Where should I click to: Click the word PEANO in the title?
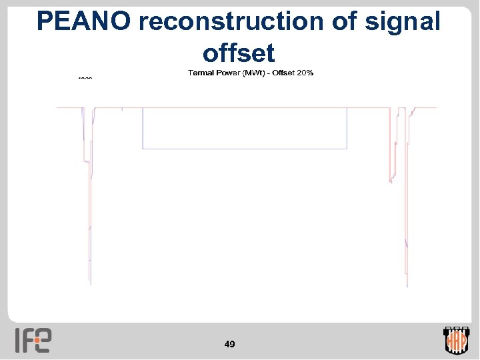(x=85, y=21)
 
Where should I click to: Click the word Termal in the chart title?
(x=205, y=73)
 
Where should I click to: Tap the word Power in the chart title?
(x=235, y=73)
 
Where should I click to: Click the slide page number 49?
(x=230, y=344)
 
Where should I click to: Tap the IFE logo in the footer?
(x=33, y=340)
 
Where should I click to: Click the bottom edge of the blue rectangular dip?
(x=245, y=148)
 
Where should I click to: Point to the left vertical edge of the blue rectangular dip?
(x=143, y=128)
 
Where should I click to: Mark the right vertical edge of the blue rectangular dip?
(x=347, y=128)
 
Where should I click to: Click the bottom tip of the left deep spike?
(x=90, y=285)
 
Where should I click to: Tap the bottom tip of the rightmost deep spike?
(x=407, y=287)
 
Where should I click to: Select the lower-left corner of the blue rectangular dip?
(x=143, y=148)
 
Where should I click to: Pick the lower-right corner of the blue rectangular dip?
(x=347, y=148)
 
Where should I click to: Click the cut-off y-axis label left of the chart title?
(x=85, y=78)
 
